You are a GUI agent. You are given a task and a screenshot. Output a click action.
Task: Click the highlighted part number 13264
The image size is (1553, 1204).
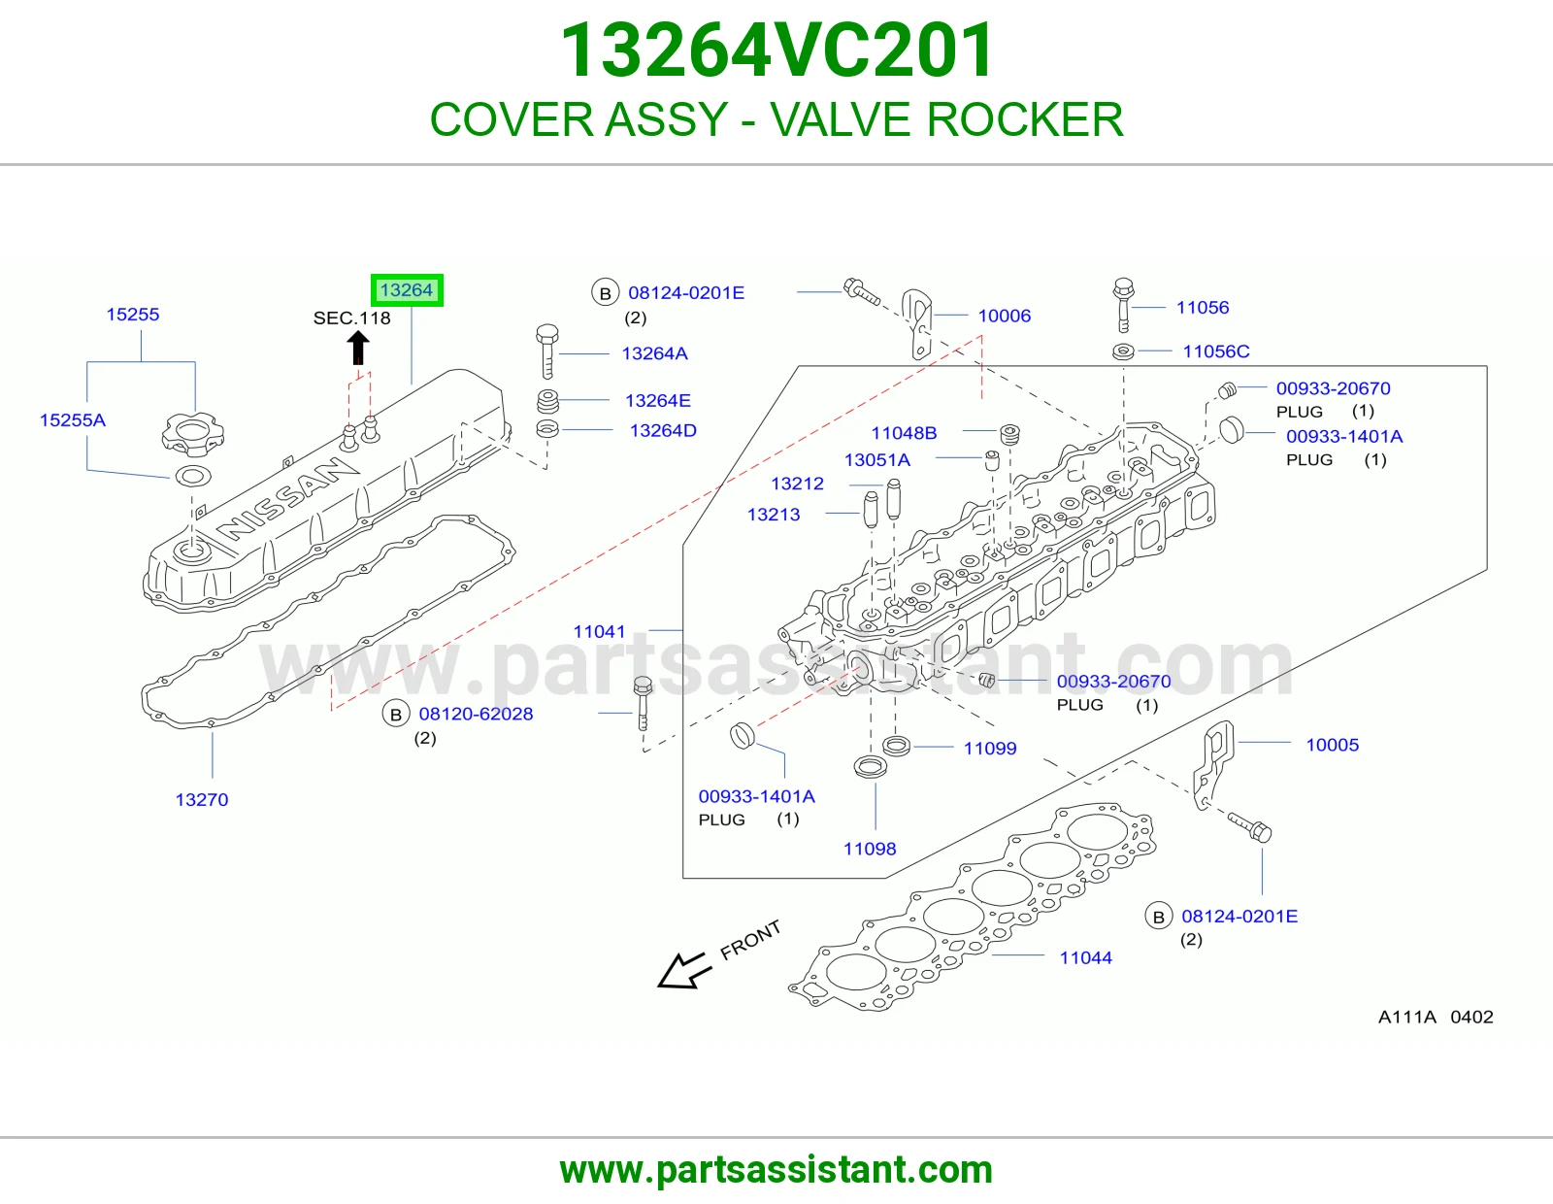[x=407, y=290]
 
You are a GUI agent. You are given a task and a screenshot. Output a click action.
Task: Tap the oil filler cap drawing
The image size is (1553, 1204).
[x=192, y=434]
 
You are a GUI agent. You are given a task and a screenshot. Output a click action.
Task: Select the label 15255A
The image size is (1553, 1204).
[x=72, y=420]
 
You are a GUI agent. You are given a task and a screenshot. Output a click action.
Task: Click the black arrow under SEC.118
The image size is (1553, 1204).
[x=358, y=349]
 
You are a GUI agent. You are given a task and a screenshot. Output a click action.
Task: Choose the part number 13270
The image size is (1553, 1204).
[x=202, y=800]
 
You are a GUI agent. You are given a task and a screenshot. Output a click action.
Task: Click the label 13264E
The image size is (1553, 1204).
[x=657, y=401]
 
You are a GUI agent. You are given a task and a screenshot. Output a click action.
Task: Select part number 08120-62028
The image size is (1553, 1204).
[x=476, y=715]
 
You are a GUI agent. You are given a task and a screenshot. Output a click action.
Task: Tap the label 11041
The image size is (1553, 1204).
[x=599, y=632]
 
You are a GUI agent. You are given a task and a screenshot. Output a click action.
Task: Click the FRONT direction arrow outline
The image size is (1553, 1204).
[x=684, y=971]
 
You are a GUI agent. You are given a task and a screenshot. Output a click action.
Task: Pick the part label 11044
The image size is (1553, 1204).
[x=1085, y=958]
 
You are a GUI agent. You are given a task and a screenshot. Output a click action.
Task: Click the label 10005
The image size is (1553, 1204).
[x=1332, y=745]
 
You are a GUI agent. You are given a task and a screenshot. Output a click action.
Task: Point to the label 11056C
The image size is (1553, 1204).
[x=1216, y=351]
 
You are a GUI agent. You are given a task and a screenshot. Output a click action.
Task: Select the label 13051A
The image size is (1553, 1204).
[x=876, y=460]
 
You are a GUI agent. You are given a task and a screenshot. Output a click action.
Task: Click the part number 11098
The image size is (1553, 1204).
[x=870, y=850]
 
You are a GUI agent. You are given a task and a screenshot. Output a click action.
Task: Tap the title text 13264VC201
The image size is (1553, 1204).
[x=776, y=50]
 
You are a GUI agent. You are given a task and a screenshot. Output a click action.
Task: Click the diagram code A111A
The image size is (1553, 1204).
[x=1406, y=1018]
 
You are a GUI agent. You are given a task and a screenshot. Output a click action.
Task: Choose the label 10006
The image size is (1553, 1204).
[x=1005, y=316]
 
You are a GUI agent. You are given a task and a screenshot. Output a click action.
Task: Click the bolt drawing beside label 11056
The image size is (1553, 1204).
[x=1123, y=305]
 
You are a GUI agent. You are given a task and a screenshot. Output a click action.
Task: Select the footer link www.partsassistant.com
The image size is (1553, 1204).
[x=776, y=1170]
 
